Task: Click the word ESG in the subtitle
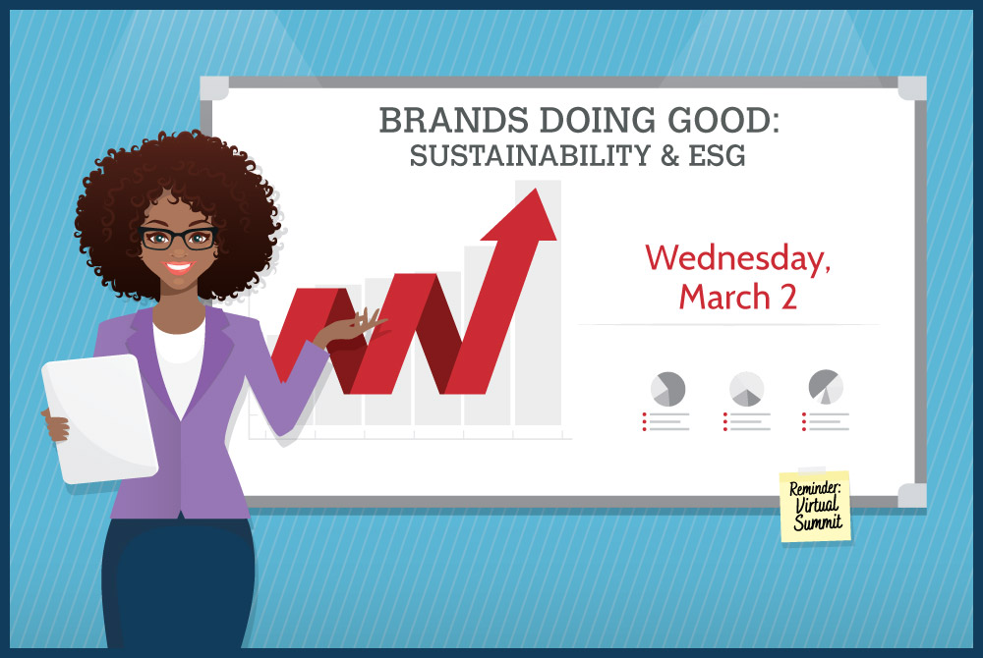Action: click(x=718, y=155)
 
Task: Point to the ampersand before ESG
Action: click(x=669, y=155)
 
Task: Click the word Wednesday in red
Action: click(x=738, y=258)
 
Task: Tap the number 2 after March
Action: click(x=788, y=297)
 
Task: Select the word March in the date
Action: click(x=724, y=297)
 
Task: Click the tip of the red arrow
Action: click(x=536, y=189)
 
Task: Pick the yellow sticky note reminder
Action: click(x=816, y=507)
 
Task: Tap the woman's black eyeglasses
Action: click(x=178, y=238)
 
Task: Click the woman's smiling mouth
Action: click(x=179, y=267)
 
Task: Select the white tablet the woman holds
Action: click(x=100, y=418)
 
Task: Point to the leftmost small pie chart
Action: click(x=667, y=389)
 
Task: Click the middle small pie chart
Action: click(x=747, y=389)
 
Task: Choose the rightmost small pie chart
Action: click(x=826, y=387)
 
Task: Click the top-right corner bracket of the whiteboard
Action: click(x=912, y=88)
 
